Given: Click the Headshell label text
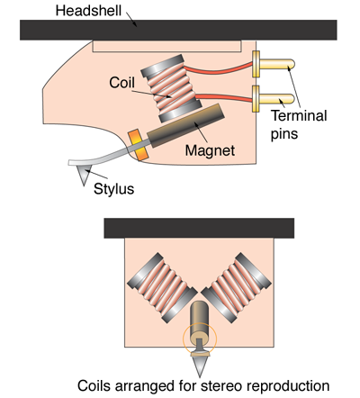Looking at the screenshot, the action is [88, 11].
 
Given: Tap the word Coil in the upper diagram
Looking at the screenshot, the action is [121, 83].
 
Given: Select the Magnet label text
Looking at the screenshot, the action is [210, 150].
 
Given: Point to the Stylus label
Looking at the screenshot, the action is [113, 189].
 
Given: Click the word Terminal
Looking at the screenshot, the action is [299, 115].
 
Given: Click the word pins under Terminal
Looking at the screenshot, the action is [284, 133].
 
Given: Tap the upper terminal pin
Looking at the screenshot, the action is [274, 64].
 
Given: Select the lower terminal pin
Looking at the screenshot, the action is [274, 99].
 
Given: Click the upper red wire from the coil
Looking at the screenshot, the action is [219, 70].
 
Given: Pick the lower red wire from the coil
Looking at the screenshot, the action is [225, 97].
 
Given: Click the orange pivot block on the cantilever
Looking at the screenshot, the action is [138, 145].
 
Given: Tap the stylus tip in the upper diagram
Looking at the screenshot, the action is [84, 185].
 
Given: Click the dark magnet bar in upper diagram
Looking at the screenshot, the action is [186, 125].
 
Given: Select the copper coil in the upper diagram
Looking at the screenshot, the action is [171, 88].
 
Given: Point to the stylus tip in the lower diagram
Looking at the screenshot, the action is [200, 376].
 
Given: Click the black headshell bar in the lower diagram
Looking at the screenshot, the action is [199, 228].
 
